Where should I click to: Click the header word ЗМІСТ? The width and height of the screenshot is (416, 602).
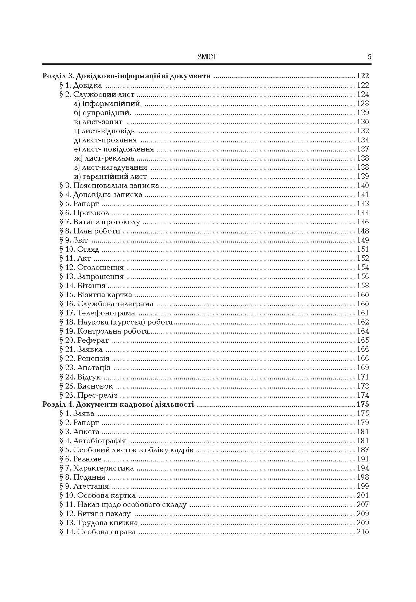tap(207, 57)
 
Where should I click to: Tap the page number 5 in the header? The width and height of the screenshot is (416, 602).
tap(369, 57)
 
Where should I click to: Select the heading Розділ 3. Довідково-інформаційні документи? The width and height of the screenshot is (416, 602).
tap(127, 76)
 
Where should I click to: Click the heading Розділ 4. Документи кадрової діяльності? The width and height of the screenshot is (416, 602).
tap(118, 404)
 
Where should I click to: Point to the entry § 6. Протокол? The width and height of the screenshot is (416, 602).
tap(84, 213)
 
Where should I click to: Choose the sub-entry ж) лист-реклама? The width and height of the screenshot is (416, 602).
tap(104, 158)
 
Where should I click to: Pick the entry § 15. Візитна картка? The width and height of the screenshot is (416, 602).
tap(96, 295)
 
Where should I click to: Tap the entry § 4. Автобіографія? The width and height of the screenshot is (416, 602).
tap(93, 441)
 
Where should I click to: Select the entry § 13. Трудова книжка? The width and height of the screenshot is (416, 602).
tap(99, 523)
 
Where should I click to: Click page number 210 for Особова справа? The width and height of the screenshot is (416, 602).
tap(363, 532)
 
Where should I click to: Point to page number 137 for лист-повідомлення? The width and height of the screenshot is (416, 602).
tap(363, 149)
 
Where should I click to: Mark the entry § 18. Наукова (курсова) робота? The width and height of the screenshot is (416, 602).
tap(116, 322)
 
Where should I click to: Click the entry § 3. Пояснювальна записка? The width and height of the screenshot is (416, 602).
tap(109, 185)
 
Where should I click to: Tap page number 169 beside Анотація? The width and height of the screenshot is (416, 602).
tap(363, 367)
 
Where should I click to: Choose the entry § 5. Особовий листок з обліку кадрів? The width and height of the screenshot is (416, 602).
tap(126, 450)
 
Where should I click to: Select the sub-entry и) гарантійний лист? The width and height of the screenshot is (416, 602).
tap(110, 176)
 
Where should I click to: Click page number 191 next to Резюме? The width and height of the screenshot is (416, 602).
tap(363, 459)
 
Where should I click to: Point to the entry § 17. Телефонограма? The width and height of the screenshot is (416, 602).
tap(97, 313)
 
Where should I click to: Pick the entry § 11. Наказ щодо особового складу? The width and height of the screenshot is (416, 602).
tap(123, 504)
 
